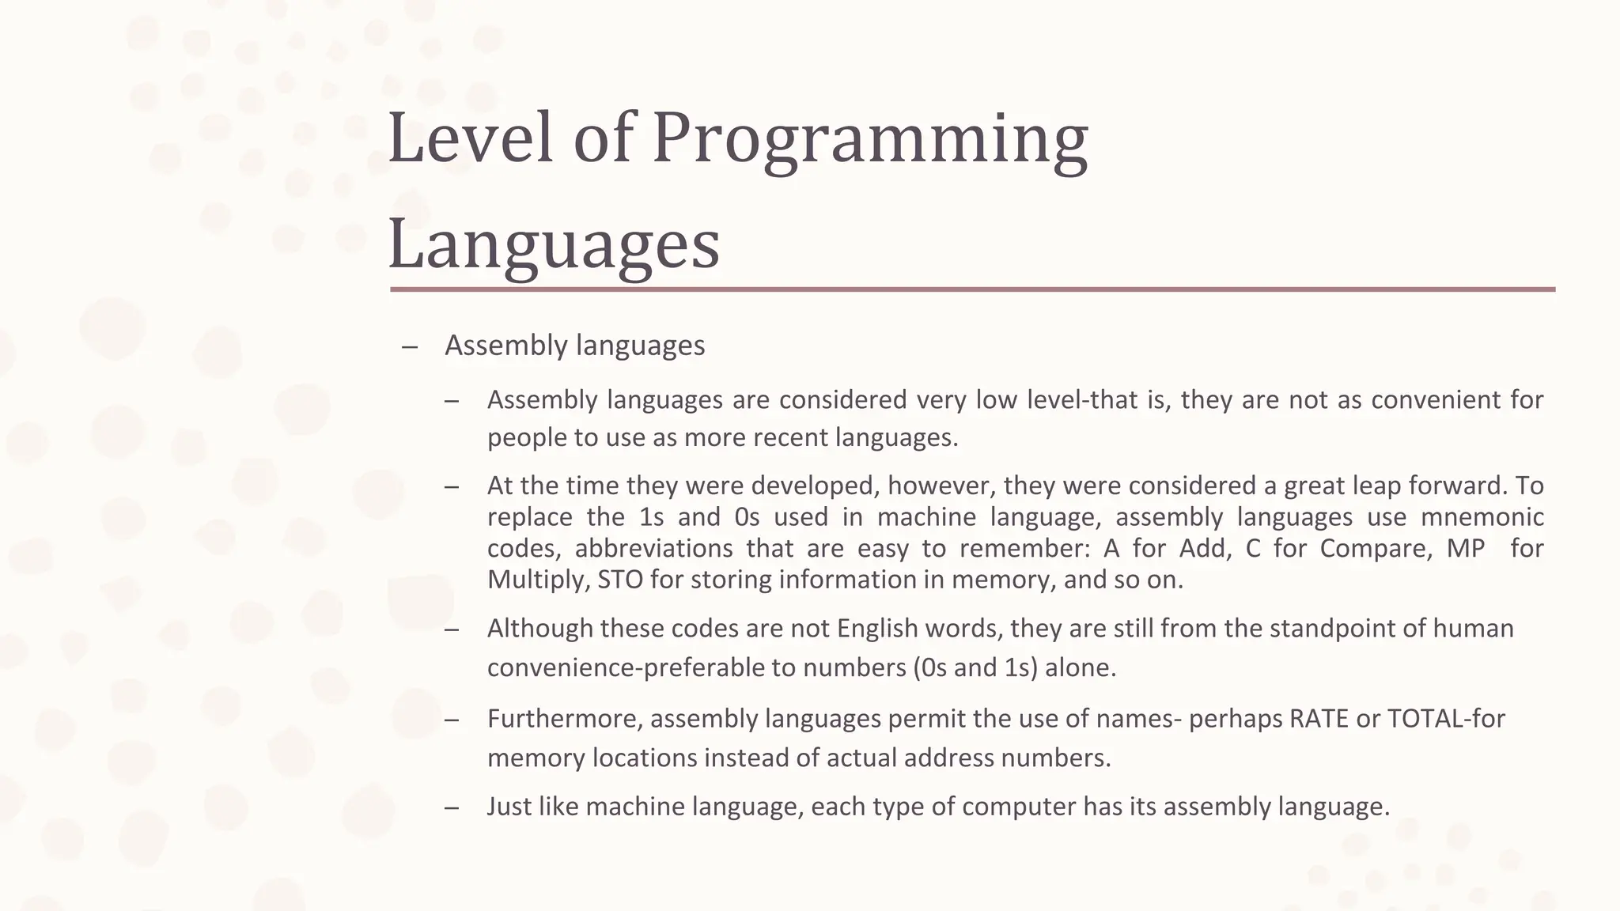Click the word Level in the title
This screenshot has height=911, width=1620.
coord(470,138)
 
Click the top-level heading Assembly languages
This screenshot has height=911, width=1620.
coord(574,346)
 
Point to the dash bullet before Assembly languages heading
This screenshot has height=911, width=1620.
coord(409,347)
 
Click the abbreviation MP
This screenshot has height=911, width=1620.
coord(1465,548)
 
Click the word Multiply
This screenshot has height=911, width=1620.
coord(538,580)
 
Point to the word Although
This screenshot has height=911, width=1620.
coord(540,629)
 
